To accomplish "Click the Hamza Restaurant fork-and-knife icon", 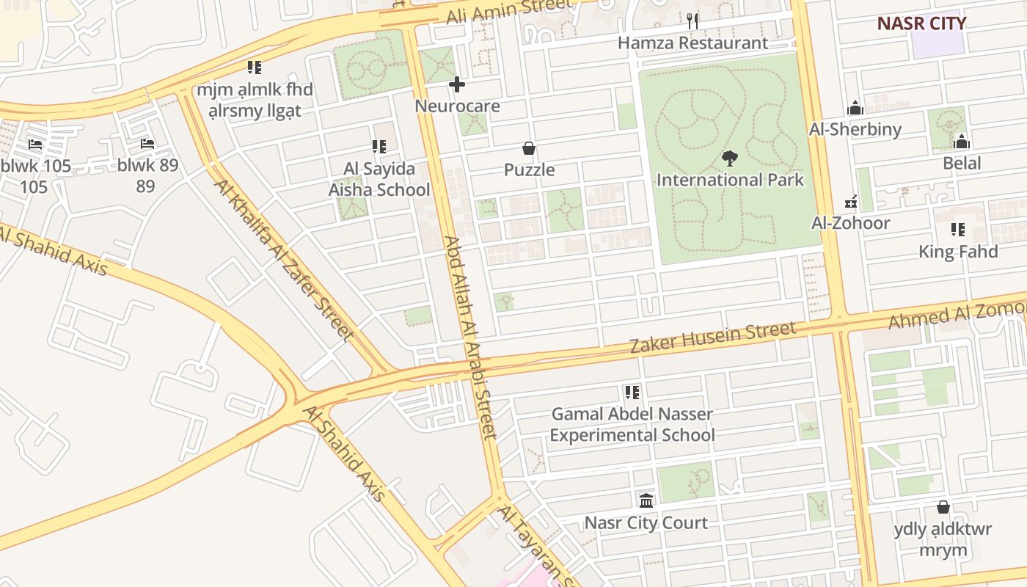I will (692, 21).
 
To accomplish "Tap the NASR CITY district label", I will (921, 23).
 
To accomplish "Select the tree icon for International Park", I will (729, 158).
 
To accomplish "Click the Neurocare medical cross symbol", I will (457, 84).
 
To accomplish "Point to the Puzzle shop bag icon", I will (529, 148).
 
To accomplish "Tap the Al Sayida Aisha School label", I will (379, 180).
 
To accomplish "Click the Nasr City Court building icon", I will (646, 500).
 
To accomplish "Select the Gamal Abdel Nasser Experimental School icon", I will (632, 393).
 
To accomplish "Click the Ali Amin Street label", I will (509, 10).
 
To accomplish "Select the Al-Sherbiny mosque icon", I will (855, 109).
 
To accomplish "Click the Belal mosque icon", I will (962, 142).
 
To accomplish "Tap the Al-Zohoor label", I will (850, 223).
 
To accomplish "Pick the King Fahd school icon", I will (958, 230).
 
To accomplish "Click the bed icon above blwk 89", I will (147, 144).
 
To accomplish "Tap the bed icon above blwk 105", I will (34, 144).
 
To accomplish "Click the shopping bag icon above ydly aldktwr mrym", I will (943, 507).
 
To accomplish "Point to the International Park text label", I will (730, 180).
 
